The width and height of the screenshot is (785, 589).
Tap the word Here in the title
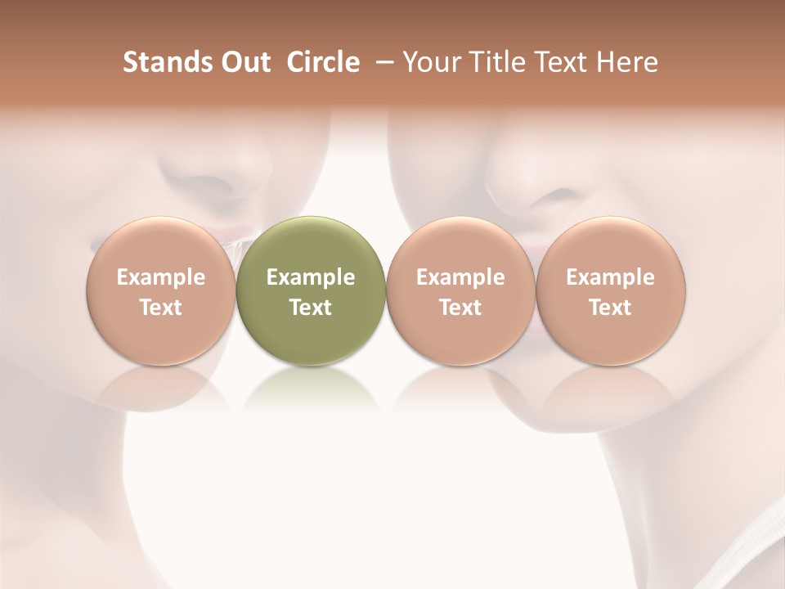[626, 62]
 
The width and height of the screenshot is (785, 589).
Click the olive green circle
[311, 245]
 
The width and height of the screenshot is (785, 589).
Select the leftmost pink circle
[161, 245]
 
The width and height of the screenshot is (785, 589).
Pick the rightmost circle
[610, 245]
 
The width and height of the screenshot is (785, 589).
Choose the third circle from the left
[460, 245]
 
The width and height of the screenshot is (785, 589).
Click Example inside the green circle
[311, 278]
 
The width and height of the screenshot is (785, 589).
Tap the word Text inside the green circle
[311, 308]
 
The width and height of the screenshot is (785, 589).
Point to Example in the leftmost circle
[161, 278]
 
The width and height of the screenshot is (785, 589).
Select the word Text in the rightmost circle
[610, 308]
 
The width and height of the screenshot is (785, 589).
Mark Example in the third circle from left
[460, 278]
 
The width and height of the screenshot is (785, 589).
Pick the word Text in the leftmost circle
[161, 308]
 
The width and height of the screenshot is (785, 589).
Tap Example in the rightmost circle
[610, 278]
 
